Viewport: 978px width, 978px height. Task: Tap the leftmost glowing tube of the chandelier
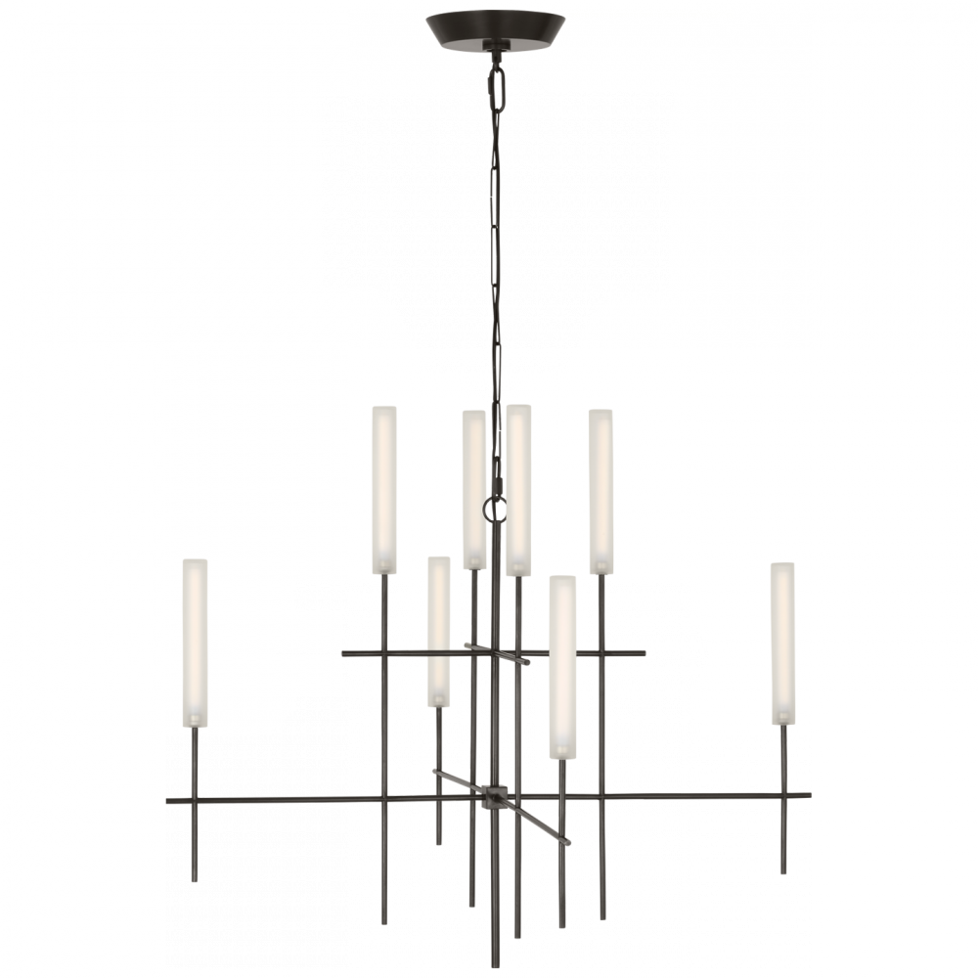click(195, 636)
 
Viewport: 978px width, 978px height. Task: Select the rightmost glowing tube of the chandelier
click(782, 641)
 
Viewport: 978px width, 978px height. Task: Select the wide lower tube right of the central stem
click(562, 660)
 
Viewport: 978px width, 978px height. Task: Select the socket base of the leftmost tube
click(195, 720)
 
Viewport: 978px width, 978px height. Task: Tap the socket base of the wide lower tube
click(561, 751)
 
